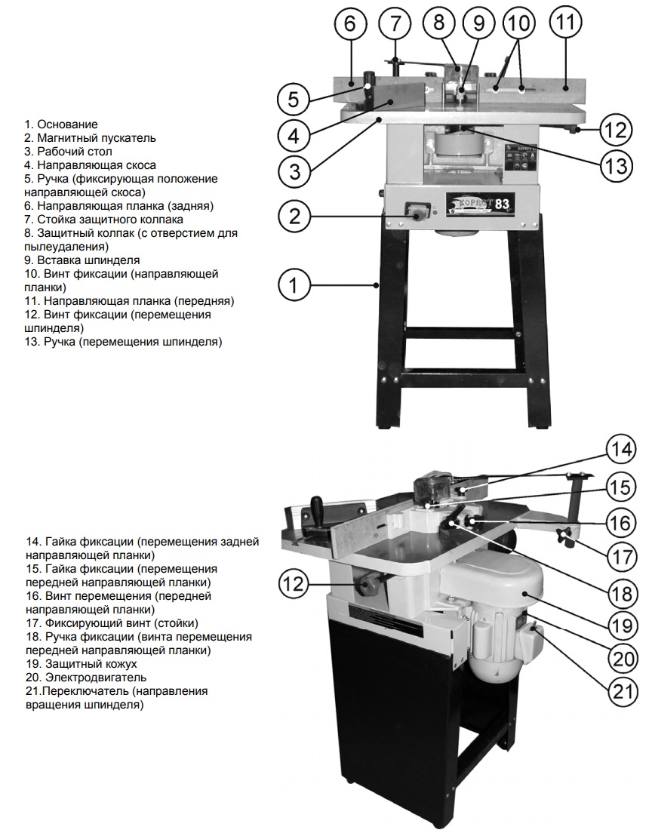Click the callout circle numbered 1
pyautogui.click(x=294, y=286)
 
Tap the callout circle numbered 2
pyautogui.click(x=294, y=217)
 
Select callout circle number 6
pyautogui.click(x=349, y=23)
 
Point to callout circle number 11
pyautogui.click(x=565, y=22)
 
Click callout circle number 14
pyautogui.click(x=621, y=451)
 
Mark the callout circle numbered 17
pyautogui.click(x=621, y=557)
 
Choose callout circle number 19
pyautogui.click(x=621, y=623)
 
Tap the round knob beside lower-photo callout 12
pyautogui.click(x=371, y=585)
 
